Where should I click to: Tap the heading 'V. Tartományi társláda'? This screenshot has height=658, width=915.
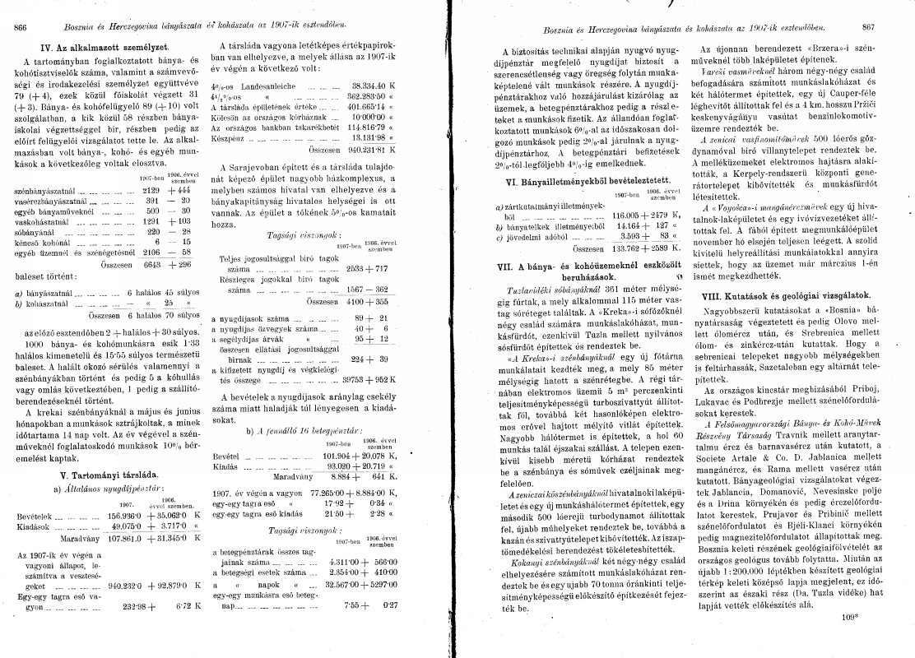click(104, 475)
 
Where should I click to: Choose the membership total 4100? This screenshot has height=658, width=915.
click(365, 302)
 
